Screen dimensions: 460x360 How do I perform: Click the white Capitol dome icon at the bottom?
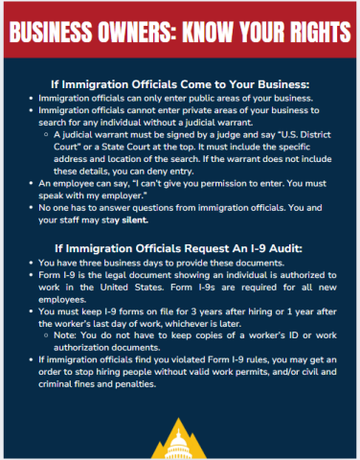(x=180, y=440)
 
